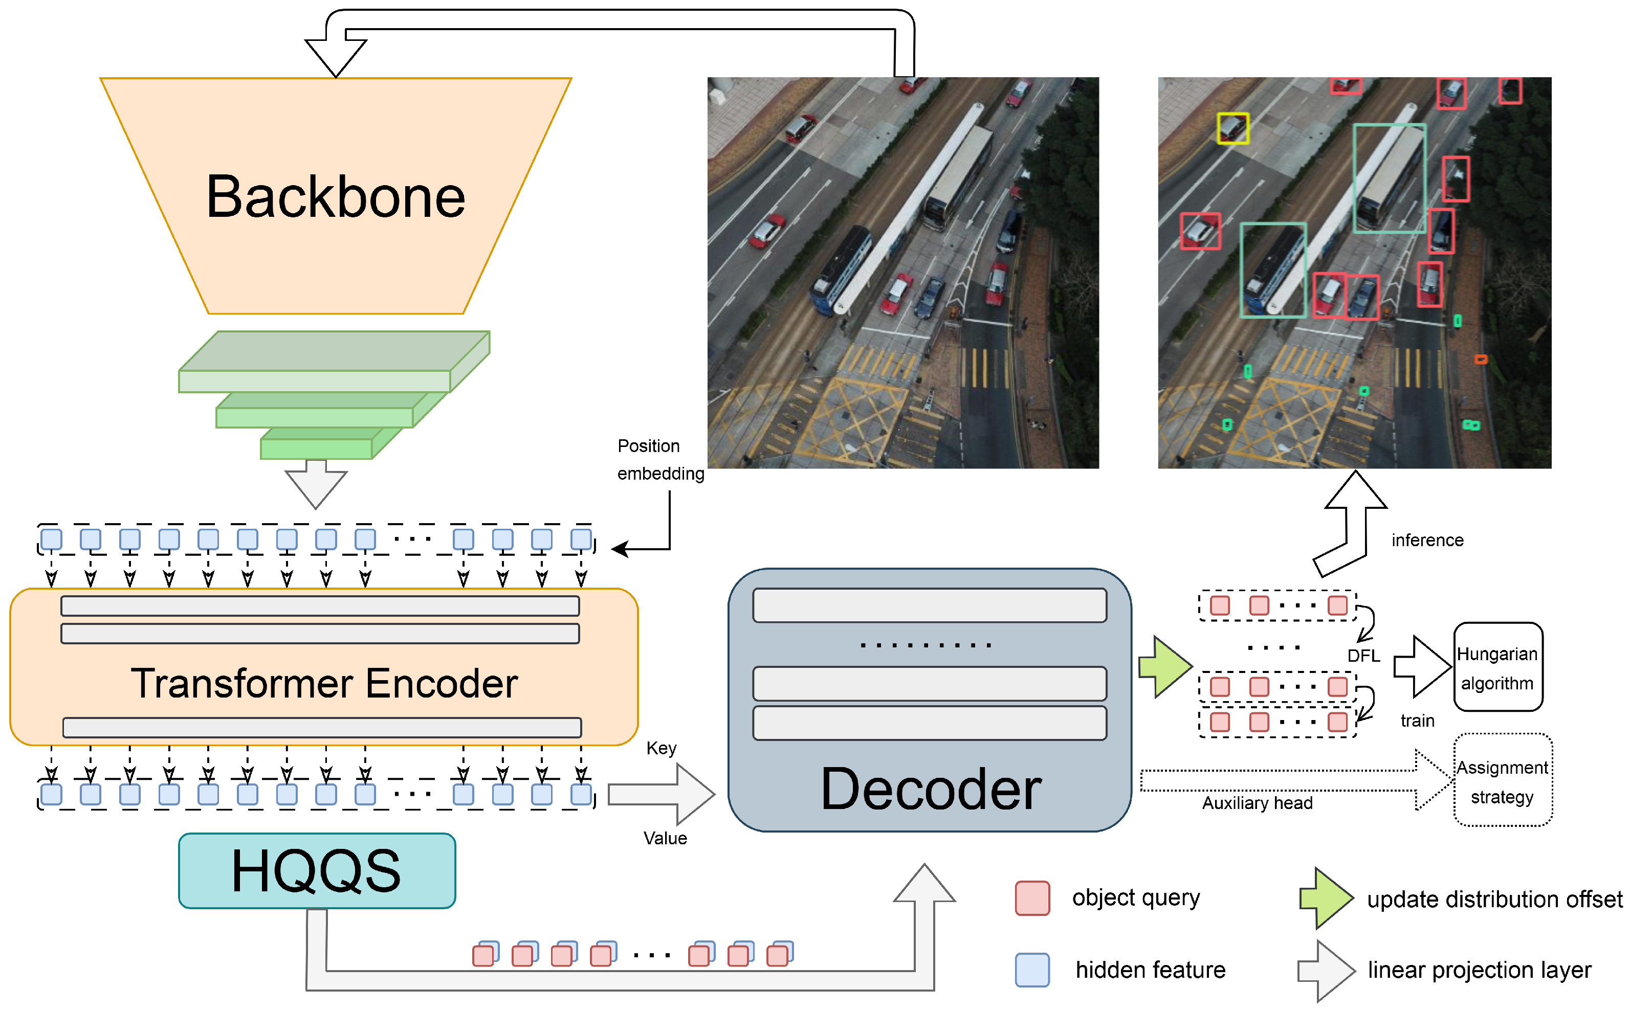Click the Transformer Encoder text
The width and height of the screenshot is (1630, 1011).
pos(324,683)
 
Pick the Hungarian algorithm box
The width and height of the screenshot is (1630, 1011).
pos(1497,667)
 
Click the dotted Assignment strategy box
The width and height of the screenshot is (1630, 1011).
pos(1502,780)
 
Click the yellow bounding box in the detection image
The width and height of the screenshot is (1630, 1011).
pos(1232,128)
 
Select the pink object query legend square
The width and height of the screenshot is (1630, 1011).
pos(1032,897)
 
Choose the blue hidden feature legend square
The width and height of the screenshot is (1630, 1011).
pos(1032,970)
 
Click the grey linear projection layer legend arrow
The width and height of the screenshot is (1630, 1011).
pos(1326,970)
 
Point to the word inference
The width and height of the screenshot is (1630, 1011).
pos(1427,540)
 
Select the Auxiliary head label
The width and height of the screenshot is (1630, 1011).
pos(1257,803)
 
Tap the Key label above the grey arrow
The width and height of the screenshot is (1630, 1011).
pos(661,748)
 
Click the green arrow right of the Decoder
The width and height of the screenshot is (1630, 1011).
pos(1165,667)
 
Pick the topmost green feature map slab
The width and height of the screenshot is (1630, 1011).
pos(333,361)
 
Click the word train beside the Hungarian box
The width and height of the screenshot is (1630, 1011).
pos(1417,721)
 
